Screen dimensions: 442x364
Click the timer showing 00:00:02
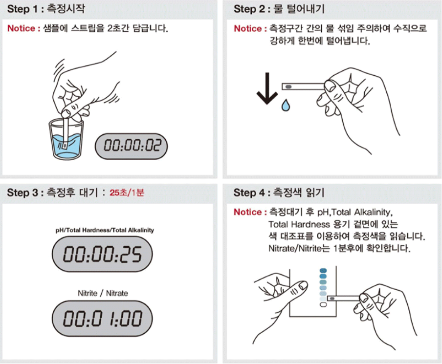(131, 146)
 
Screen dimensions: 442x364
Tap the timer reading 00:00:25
(102, 254)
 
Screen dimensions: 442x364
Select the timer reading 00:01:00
(102, 319)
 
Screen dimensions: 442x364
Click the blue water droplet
(286, 105)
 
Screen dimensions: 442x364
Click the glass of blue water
(66, 139)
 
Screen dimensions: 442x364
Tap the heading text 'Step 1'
(22, 9)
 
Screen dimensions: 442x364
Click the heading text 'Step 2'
(249, 9)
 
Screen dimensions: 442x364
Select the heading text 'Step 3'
(22, 193)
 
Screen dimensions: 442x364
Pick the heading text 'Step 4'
(249, 193)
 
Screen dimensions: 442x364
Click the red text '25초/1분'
(127, 193)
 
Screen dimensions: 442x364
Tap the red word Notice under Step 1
(22, 28)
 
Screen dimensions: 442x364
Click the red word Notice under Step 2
(248, 28)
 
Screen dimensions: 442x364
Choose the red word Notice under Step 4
(248, 212)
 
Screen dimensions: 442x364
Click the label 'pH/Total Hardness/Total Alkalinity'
(105, 230)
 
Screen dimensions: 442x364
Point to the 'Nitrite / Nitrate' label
(103, 293)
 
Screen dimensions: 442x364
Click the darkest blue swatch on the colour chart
(323, 271)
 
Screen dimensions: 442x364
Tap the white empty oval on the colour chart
(323, 305)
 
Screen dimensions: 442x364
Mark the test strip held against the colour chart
(344, 299)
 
